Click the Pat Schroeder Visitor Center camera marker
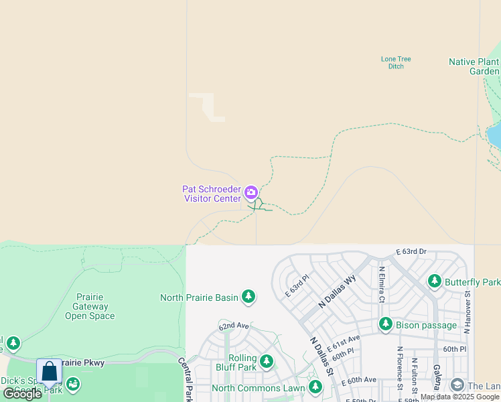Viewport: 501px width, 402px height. point(251,194)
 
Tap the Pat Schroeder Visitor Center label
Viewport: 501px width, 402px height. point(211,194)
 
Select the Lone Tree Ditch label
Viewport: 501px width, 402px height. point(396,62)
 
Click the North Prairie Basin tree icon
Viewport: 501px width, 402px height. point(248,296)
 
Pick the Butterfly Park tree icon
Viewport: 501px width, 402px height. point(435,281)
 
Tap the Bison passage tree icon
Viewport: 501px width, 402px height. point(385,325)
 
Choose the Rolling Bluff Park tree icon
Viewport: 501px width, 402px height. point(267,362)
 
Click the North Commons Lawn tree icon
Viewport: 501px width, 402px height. point(315,387)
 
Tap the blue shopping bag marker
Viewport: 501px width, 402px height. point(49,372)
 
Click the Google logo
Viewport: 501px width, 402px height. point(22,394)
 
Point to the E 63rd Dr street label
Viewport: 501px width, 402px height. point(411,251)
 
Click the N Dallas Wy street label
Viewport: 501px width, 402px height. point(337,293)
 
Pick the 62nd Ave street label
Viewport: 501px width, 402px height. point(233,326)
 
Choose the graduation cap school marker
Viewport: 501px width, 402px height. point(457,385)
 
